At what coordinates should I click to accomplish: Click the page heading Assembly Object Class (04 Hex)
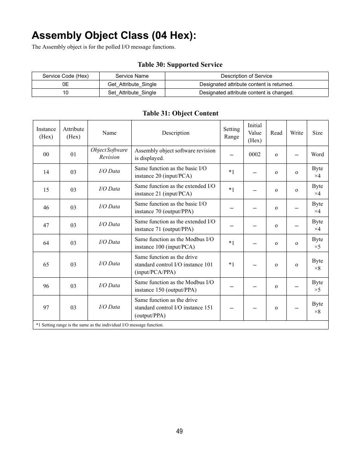(114, 35)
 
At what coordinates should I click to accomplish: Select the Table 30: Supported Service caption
(180, 65)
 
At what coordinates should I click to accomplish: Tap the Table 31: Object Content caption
(180, 113)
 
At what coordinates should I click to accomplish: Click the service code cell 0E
(65, 84)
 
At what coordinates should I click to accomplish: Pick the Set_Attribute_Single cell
(132, 92)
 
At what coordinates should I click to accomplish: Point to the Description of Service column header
(246, 76)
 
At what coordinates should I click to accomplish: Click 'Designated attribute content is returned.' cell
(246, 84)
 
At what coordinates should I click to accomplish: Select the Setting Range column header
(231, 133)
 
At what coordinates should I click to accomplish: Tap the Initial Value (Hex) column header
(254, 133)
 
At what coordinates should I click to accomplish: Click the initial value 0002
(254, 154)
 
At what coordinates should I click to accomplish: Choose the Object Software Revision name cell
(109, 154)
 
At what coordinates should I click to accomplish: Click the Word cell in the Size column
(317, 154)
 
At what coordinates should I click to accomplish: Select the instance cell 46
(46, 208)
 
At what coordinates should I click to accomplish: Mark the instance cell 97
(46, 308)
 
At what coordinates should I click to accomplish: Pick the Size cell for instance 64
(317, 243)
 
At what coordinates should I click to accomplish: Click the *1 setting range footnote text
(100, 325)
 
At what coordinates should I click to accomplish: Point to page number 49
(180, 431)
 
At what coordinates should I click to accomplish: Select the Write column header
(296, 133)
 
